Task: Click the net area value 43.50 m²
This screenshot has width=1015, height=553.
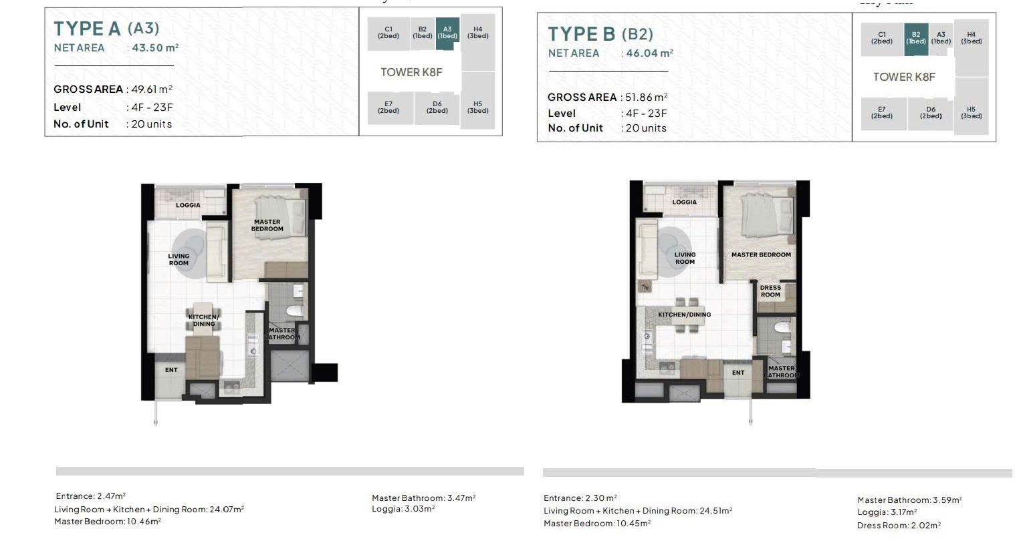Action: (155, 47)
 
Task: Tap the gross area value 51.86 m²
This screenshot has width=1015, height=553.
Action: (647, 98)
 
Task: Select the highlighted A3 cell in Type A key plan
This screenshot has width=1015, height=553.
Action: (447, 33)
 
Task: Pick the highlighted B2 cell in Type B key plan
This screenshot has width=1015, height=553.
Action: (916, 39)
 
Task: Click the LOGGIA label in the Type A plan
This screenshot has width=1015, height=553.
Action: (188, 205)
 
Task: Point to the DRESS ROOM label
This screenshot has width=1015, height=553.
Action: (770, 291)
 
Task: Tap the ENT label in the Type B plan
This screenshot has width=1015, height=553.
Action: (738, 373)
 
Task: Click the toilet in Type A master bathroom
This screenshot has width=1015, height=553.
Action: (294, 311)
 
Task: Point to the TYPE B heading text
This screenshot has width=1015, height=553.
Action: (582, 34)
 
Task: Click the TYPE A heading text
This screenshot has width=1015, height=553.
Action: (88, 29)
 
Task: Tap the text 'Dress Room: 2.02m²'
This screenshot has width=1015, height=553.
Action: (899, 525)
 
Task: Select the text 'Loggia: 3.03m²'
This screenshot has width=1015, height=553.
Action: (403, 509)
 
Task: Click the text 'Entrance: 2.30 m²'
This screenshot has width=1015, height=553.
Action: (580, 498)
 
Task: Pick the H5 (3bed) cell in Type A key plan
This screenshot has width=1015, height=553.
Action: (477, 108)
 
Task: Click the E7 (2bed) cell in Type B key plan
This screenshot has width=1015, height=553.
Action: (882, 113)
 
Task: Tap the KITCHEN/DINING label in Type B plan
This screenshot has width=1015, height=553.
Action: (684, 315)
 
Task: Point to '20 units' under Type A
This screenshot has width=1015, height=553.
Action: (151, 124)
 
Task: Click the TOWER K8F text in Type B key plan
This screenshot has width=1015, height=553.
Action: (904, 77)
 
